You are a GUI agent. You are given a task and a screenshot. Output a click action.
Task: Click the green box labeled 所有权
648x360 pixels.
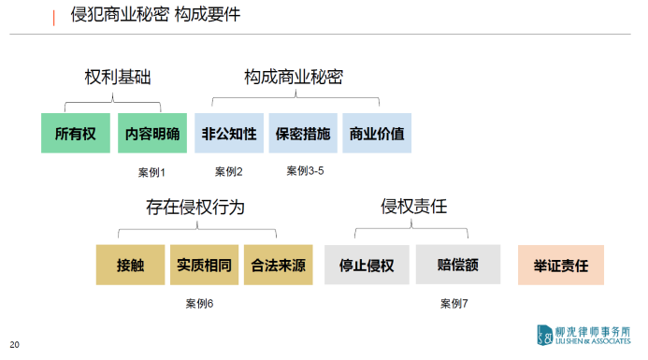[76, 134]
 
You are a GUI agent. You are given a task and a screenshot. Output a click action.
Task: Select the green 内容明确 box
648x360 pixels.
[152, 134]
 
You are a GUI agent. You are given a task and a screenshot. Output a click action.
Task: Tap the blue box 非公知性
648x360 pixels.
[228, 134]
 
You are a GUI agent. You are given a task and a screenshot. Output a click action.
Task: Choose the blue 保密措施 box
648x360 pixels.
[302, 134]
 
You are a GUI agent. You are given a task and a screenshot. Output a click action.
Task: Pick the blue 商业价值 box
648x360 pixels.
[376, 134]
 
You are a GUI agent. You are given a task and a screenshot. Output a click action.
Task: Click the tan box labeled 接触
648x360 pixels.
[131, 265]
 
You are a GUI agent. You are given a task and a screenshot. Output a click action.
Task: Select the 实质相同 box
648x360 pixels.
[204, 265]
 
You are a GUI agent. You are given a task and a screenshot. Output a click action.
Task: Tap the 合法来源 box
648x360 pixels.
[279, 265]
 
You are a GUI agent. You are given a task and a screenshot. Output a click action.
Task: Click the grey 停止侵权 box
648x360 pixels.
[366, 265]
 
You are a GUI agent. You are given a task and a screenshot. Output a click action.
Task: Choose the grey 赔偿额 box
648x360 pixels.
[457, 265]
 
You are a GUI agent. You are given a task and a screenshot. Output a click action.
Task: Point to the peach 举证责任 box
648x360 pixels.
[561, 265]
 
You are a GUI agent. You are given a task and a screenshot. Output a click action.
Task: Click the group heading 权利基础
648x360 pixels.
[113, 77]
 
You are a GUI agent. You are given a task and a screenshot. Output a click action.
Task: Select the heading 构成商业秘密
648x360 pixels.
[294, 77]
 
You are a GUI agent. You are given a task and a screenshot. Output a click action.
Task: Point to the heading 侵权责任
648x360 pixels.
[413, 207]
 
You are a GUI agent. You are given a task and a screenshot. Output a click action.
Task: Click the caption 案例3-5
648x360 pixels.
[305, 171]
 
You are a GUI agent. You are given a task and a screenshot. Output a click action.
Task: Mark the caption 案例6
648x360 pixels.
[200, 303]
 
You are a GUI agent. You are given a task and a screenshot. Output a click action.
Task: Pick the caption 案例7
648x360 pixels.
[454, 303]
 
